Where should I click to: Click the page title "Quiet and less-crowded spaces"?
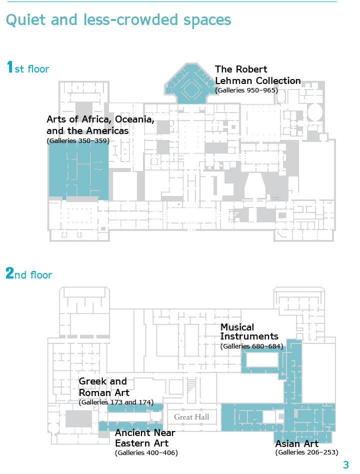click(118, 20)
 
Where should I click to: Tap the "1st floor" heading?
click(27, 68)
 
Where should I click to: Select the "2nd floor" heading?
click(28, 274)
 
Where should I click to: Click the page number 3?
click(345, 465)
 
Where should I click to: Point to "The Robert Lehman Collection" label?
click(257, 75)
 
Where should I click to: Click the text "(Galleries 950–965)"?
click(246, 90)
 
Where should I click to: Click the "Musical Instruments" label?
click(249, 332)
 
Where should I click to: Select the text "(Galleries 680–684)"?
click(251, 346)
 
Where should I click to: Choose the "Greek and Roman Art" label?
click(104, 387)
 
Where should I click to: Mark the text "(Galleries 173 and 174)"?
click(116, 402)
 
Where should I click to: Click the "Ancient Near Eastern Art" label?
click(145, 438)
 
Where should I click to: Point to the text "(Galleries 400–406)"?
click(146, 453)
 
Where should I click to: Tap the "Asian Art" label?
click(296, 443)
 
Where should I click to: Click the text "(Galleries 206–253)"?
click(306, 452)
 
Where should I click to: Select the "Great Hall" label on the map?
click(191, 417)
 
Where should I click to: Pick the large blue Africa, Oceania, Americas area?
click(78, 172)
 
